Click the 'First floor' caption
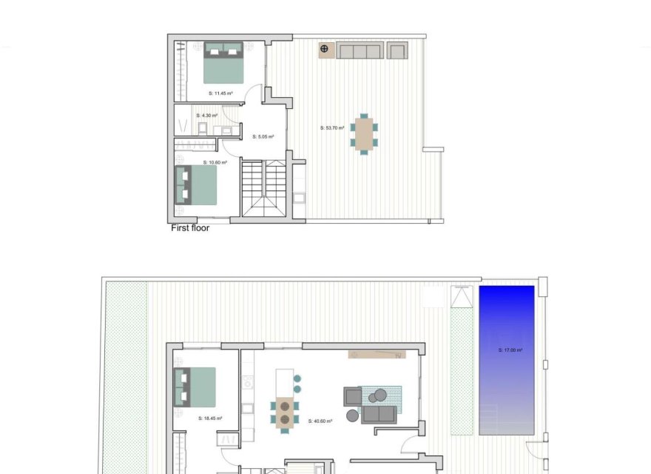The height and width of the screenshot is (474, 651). click(190, 228)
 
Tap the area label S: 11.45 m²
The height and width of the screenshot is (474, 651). click(220, 93)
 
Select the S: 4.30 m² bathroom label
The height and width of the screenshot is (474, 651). click(207, 116)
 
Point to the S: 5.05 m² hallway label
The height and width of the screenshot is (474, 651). click(263, 136)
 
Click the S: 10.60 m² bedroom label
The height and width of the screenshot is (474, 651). click(215, 162)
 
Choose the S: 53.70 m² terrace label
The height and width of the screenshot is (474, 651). click(332, 127)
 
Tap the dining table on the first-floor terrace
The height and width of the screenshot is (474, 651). click(363, 134)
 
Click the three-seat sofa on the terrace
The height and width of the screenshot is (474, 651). click(360, 51)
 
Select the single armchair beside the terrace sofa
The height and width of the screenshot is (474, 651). click(397, 51)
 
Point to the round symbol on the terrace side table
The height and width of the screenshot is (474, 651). click(324, 50)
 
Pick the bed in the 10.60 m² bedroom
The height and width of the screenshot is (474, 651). click(196, 185)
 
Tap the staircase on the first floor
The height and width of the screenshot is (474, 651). click(263, 190)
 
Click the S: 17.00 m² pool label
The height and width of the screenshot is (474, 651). click(510, 350)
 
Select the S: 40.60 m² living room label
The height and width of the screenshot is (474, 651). click(320, 421)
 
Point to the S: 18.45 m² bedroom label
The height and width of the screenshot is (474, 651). click(210, 418)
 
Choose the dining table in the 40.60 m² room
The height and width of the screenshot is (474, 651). click(284, 413)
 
